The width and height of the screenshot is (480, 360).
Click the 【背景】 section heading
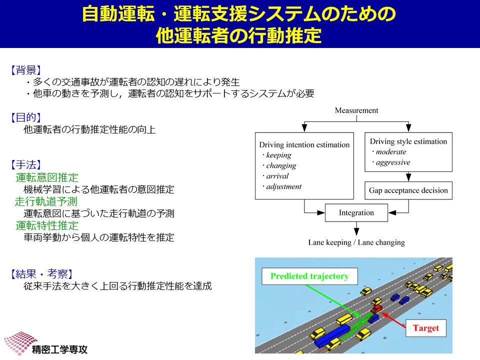[26, 70]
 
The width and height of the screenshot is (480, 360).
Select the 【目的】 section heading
[26, 117]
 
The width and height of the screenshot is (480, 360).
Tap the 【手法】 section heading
[26, 164]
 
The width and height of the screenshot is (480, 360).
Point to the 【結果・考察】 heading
[42, 273]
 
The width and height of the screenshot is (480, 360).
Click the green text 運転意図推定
[47, 177]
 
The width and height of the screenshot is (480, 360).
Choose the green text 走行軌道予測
[46, 201]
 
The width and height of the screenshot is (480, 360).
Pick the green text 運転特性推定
[47, 225]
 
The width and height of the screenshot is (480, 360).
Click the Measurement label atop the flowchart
[356, 110]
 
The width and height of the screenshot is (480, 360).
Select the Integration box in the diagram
[356, 213]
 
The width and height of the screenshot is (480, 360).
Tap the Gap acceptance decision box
[408, 190]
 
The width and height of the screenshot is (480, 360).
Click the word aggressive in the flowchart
[393, 162]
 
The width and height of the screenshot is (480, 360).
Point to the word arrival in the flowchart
[277, 176]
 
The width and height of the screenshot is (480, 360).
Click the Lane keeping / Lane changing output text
[356, 243]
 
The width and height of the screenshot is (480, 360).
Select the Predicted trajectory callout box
[310, 276]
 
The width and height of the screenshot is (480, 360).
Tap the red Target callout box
[426, 328]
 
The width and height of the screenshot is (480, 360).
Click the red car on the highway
[376, 308]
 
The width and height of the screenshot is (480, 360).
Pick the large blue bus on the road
[332, 336]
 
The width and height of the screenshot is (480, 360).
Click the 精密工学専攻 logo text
[59, 349]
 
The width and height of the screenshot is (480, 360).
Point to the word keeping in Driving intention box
[278, 155]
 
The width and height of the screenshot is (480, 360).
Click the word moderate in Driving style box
[391, 152]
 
